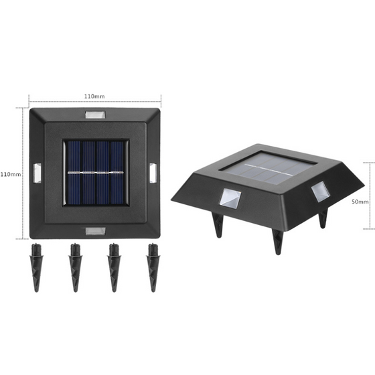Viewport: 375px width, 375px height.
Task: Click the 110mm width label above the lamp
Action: coord(94,96)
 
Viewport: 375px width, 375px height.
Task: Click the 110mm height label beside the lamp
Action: coord(11,174)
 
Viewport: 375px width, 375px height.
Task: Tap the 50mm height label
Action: coord(360,200)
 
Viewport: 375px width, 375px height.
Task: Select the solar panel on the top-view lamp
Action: coord(94,174)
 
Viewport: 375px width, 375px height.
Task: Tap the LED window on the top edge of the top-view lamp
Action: coord(94,115)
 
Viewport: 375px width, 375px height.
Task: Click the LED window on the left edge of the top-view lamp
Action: coord(35,173)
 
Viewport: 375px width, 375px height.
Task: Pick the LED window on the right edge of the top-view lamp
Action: coord(153,173)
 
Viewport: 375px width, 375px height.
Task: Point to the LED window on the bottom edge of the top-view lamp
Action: coord(94,231)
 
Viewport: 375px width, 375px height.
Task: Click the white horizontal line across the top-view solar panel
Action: coord(94,174)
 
